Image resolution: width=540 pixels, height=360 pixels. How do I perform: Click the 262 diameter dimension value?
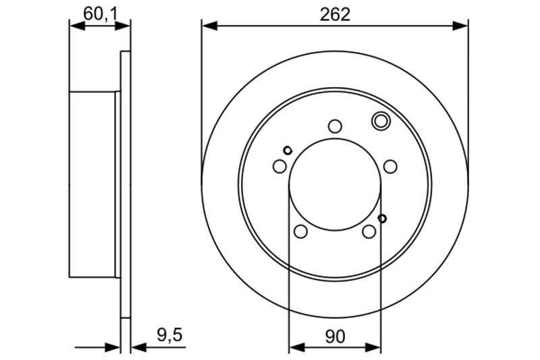(335, 14)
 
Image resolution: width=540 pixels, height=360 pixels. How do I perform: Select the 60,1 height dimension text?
(101, 14)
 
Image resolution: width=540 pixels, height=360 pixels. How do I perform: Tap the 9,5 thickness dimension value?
(170, 335)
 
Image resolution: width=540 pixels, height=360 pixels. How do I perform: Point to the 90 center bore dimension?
(335, 336)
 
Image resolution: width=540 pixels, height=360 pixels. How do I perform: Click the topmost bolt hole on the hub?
(335, 126)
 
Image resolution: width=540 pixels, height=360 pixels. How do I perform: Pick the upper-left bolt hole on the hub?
(279, 166)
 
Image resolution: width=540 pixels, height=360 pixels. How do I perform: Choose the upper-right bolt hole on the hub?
(390, 166)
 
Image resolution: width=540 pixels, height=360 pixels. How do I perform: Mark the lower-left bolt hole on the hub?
(300, 232)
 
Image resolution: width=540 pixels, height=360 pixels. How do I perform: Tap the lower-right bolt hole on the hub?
(369, 232)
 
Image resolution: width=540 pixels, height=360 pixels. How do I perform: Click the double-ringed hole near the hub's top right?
(381, 121)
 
